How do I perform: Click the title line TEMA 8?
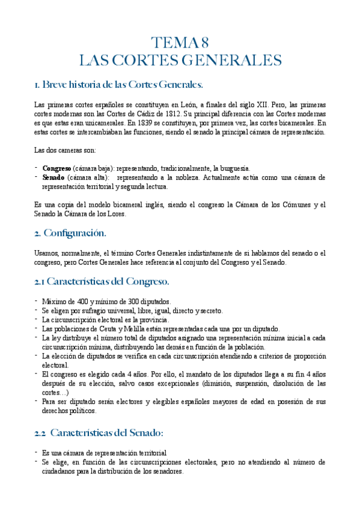(x=180, y=43)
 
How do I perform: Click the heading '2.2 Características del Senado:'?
(x=99, y=432)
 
